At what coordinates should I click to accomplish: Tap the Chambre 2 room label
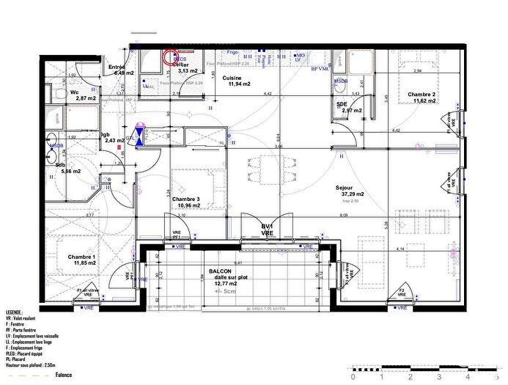(x=422, y=94)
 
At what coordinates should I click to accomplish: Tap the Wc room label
(x=74, y=92)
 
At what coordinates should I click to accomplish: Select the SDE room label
(x=342, y=104)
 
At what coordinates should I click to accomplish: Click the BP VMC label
(x=320, y=68)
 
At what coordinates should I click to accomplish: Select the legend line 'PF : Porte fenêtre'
(x=24, y=329)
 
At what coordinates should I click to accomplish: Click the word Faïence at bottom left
(x=64, y=375)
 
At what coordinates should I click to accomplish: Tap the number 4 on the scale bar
(x=466, y=377)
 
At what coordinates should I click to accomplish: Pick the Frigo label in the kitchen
(x=232, y=53)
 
